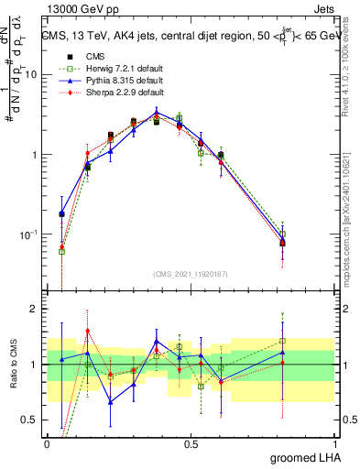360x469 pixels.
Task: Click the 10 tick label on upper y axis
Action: (30, 75)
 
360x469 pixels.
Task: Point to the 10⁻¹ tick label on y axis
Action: (27, 234)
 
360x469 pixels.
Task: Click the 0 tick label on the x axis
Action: (47, 442)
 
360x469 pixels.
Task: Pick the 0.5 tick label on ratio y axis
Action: (30, 420)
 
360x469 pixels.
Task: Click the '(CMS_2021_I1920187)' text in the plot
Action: (190, 273)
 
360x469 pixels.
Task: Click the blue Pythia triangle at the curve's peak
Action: (157, 114)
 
